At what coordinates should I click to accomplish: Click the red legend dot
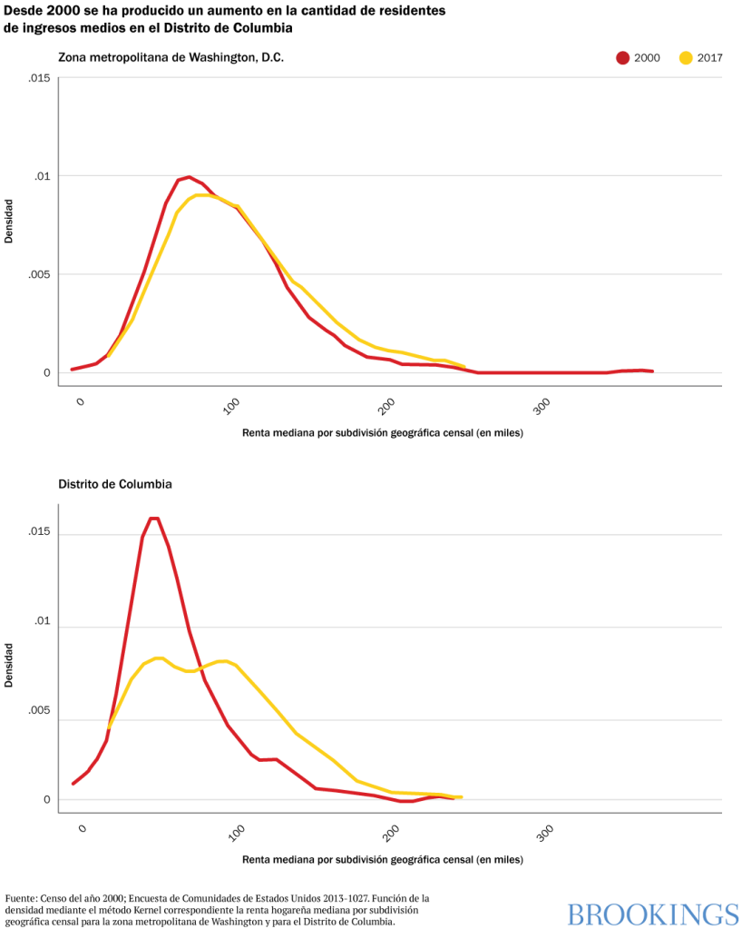[x=622, y=58]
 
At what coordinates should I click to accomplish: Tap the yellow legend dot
[x=686, y=58]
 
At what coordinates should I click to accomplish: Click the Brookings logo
[x=653, y=914]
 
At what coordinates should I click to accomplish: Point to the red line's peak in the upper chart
[x=187, y=177]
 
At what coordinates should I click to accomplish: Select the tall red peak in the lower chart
[x=154, y=519]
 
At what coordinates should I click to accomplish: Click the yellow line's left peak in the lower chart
[x=159, y=657]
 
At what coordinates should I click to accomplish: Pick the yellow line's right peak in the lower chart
[x=223, y=660]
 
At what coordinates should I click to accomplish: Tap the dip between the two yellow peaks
[x=189, y=672]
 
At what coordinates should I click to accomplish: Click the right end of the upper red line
[x=652, y=371]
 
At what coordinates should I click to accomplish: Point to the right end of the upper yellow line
[x=464, y=366]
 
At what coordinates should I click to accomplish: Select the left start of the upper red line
[x=73, y=370]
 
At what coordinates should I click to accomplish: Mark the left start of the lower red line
[x=73, y=783]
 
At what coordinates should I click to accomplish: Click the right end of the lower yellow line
[x=462, y=796]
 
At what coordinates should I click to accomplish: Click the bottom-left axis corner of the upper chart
[x=59, y=385]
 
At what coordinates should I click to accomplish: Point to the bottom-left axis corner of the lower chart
[x=59, y=812]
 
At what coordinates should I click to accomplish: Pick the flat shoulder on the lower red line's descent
[x=268, y=758]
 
